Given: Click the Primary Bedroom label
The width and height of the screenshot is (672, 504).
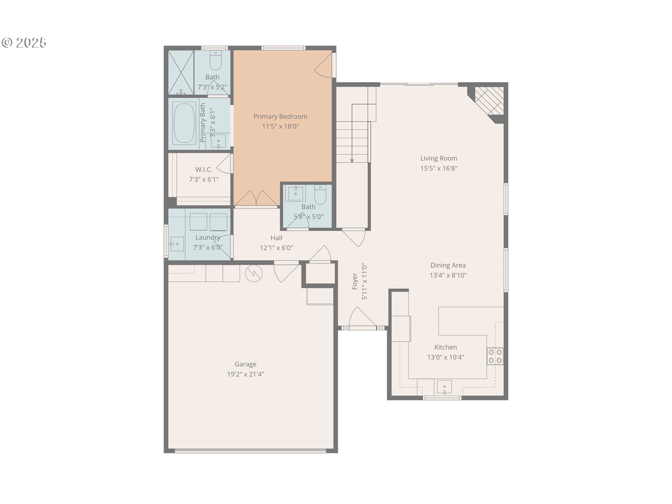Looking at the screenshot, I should coord(280,117).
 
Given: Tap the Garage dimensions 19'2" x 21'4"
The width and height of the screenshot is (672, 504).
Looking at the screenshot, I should coord(245,374).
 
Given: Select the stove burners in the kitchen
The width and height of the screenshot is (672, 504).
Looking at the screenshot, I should coord(495,356).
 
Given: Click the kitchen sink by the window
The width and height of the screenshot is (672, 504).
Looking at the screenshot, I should coord(444,387).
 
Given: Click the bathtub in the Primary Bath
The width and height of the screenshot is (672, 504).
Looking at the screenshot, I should coord(184,123).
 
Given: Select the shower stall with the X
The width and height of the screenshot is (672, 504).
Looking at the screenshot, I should coord(181,72).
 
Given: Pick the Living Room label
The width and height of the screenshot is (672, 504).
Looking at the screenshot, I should coord(439,159).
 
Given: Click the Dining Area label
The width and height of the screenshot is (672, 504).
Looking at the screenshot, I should coord(448,265).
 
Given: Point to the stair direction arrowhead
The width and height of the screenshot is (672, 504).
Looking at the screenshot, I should coord(352,161).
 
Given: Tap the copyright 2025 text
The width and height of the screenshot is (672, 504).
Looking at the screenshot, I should coord(24,43).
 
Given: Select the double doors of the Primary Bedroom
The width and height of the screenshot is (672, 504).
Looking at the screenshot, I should coord(256,199).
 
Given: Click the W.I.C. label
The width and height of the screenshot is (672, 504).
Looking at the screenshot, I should coord(204,170).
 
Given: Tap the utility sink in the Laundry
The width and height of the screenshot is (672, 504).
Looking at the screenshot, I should coord(177,244).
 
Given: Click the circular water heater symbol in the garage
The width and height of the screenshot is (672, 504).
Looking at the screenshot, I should coord(254,273).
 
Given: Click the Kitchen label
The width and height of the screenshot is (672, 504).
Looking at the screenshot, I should coord(445,347).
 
